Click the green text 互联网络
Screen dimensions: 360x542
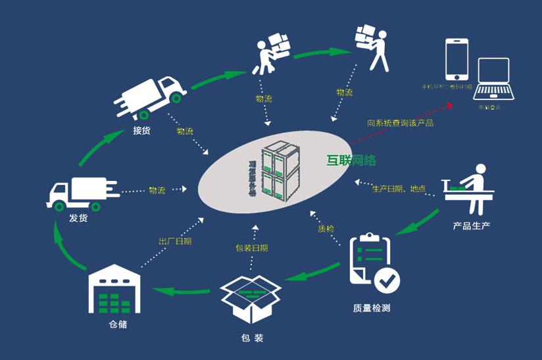point(351,160)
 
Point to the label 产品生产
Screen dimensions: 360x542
point(472,226)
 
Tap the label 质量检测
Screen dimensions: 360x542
point(372,307)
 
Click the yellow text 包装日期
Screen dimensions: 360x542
point(252,248)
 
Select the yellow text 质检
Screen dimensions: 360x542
point(326,229)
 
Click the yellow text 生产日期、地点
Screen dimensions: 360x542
point(399,190)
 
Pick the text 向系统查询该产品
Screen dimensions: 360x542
point(400,122)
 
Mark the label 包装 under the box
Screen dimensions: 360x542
point(252,338)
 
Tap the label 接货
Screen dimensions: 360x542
point(141,130)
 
